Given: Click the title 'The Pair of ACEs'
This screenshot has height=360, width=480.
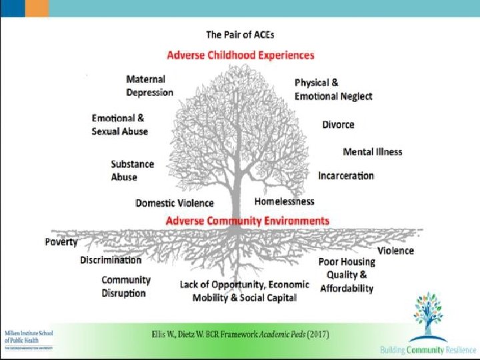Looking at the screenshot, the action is pyautogui.click(x=240, y=34).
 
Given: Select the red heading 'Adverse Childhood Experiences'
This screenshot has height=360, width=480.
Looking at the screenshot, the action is pyautogui.click(x=240, y=55).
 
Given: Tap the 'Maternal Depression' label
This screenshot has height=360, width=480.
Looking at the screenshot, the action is pyautogui.click(x=149, y=86).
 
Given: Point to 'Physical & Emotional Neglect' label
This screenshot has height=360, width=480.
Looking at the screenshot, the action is pyautogui.click(x=333, y=89).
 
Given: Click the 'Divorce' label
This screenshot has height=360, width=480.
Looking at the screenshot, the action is pyautogui.click(x=338, y=125).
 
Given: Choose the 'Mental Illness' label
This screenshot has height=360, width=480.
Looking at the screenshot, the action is pyautogui.click(x=372, y=151).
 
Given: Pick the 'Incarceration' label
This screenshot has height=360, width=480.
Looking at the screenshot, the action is pyautogui.click(x=345, y=175).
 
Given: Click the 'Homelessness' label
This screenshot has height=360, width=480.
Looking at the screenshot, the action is pyautogui.click(x=284, y=201).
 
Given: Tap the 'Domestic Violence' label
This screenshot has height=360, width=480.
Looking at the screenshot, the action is pyautogui.click(x=174, y=203).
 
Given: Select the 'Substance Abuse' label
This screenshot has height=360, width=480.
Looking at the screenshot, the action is pyautogui.click(x=132, y=170).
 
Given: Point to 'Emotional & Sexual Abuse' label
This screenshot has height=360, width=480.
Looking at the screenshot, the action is pyautogui.click(x=119, y=125).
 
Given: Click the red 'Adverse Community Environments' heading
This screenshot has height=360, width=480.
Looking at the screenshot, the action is pyautogui.click(x=247, y=220).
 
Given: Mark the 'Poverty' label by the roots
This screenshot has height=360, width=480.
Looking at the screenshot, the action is pyautogui.click(x=61, y=242).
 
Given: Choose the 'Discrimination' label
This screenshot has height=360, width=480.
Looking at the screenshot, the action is pyautogui.click(x=111, y=260).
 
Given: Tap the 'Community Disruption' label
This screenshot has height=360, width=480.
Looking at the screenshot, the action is pyautogui.click(x=125, y=286).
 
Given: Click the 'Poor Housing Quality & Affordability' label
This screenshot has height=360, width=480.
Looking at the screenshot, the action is pyautogui.click(x=346, y=275).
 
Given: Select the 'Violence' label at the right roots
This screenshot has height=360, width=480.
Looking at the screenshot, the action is pyautogui.click(x=395, y=251).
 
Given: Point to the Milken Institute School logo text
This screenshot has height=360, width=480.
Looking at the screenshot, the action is pyautogui.click(x=29, y=336).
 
